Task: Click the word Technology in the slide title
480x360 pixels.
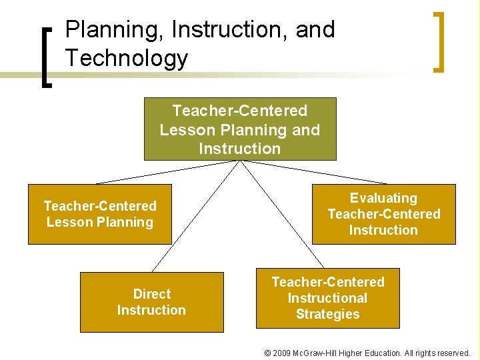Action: coord(127,59)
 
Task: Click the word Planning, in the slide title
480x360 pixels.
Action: coord(115,30)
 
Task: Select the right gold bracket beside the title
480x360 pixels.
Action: coord(439,41)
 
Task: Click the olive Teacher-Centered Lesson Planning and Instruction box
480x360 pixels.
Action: coord(240,129)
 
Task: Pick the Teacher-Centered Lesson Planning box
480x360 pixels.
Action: coord(99,214)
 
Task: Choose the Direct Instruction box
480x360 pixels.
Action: coord(151,302)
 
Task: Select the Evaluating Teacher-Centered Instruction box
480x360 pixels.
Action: coord(383,214)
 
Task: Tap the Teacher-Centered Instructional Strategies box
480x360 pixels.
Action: coord(327,298)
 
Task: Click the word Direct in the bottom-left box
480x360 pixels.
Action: coord(152,294)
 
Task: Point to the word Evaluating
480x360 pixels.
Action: coord(383,198)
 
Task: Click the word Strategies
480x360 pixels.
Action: coord(327,314)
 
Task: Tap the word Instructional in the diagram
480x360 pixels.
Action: coord(327,298)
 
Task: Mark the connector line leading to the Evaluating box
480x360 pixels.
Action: coord(313,172)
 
